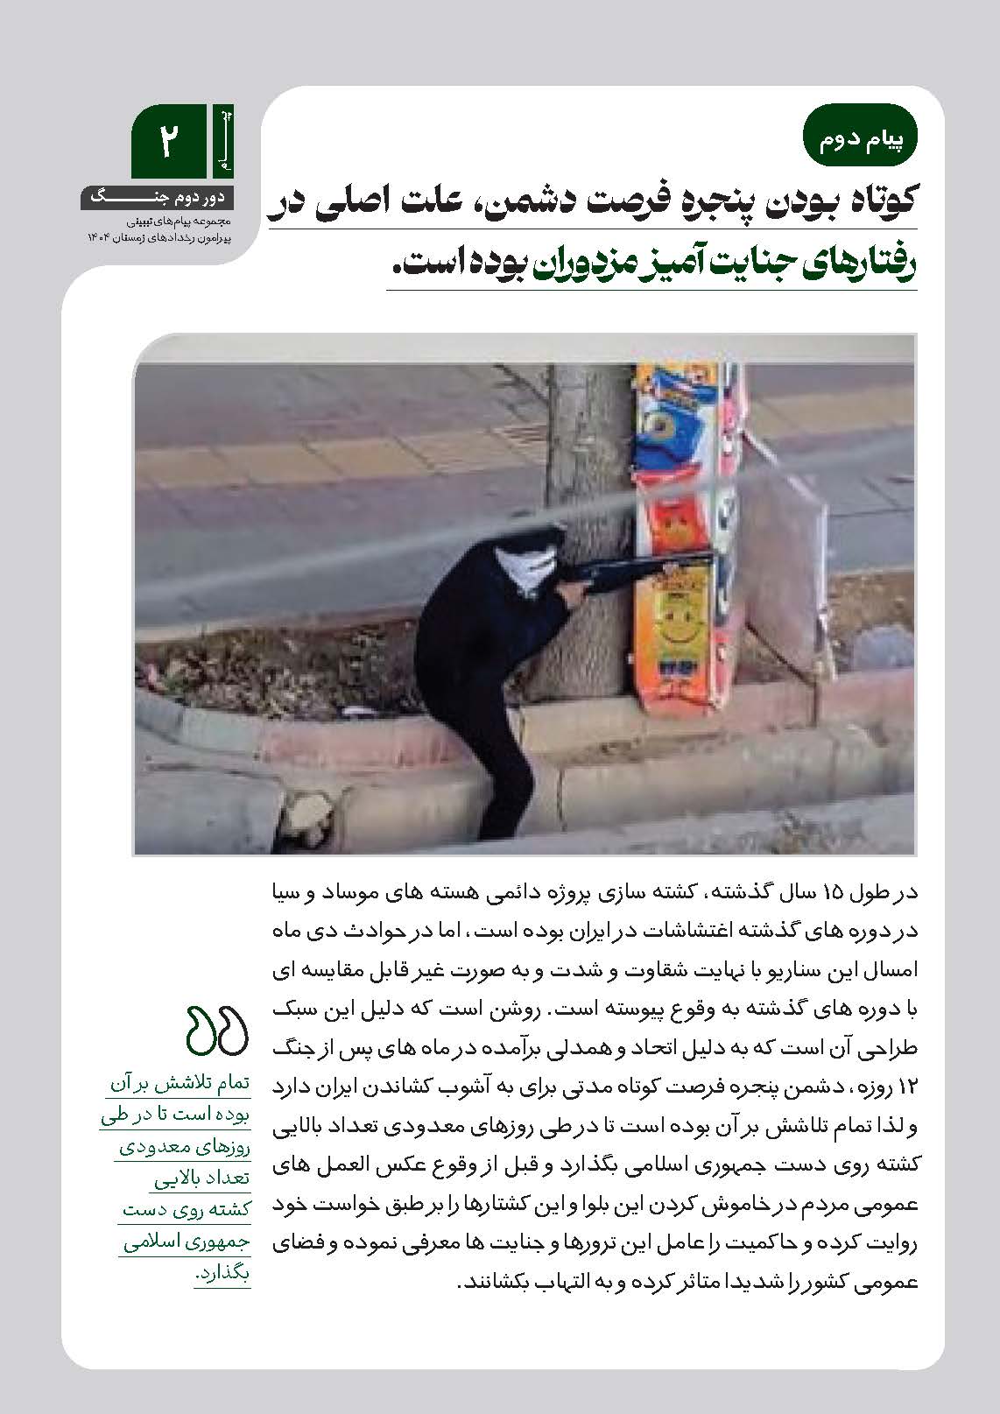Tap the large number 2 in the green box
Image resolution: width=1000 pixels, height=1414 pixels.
tap(165, 142)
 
